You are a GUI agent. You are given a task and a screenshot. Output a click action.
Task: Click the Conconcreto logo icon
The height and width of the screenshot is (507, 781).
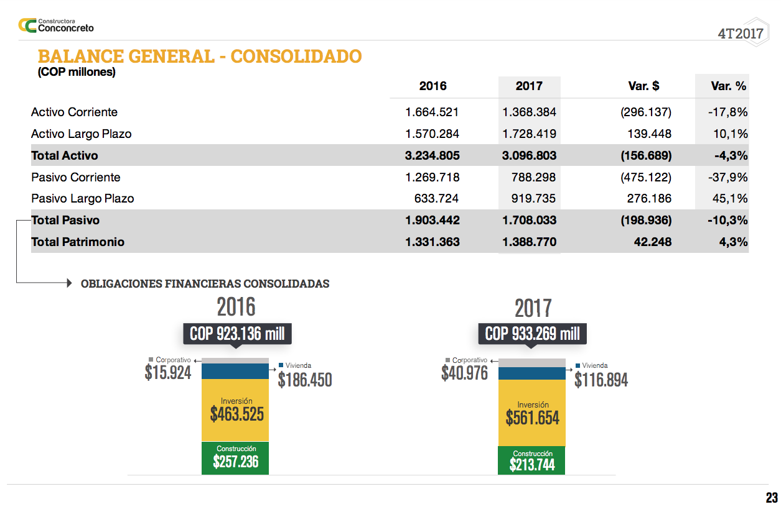pyautogui.click(x=27, y=25)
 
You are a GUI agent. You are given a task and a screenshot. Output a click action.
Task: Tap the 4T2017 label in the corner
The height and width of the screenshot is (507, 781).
pyautogui.click(x=740, y=34)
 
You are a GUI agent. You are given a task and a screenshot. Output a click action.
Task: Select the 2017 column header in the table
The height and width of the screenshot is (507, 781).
pyautogui.click(x=529, y=86)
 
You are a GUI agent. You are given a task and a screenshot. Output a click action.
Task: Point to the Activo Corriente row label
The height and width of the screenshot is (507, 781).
pyautogui.click(x=74, y=112)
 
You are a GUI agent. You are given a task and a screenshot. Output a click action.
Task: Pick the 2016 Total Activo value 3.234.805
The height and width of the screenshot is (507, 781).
pyautogui.click(x=432, y=155)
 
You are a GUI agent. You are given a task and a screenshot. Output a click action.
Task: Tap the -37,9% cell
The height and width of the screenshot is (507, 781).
pyautogui.click(x=727, y=178)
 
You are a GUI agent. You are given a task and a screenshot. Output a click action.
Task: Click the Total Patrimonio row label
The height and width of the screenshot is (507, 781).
pyautogui.click(x=78, y=242)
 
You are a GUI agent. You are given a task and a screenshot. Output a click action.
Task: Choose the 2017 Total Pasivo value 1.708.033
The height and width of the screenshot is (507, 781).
pyautogui.click(x=529, y=221)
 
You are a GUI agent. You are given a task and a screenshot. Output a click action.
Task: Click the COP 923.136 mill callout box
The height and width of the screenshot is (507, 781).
pyautogui.click(x=237, y=334)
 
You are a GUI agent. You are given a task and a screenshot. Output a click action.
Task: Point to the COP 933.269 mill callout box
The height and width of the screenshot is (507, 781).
pyautogui.click(x=532, y=334)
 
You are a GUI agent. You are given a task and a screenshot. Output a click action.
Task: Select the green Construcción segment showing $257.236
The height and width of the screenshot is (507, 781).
pyautogui.click(x=235, y=458)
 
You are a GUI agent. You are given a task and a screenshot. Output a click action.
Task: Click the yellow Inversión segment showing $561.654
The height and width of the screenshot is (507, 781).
pyautogui.click(x=532, y=413)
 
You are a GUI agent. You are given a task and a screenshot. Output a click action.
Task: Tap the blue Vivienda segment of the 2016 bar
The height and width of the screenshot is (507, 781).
pyautogui.click(x=235, y=372)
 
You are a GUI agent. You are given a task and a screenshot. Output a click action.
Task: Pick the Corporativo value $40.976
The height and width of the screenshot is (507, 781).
pyautogui.click(x=464, y=373)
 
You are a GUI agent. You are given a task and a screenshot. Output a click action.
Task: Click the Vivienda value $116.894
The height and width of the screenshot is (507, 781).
pyautogui.click(x=601, y=380)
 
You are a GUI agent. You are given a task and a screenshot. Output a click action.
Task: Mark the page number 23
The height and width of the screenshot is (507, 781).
pyautogui.click(x=772, y=498)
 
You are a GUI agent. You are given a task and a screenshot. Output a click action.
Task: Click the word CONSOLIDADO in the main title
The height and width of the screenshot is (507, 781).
pyautogui.click(x=296, y=57)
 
